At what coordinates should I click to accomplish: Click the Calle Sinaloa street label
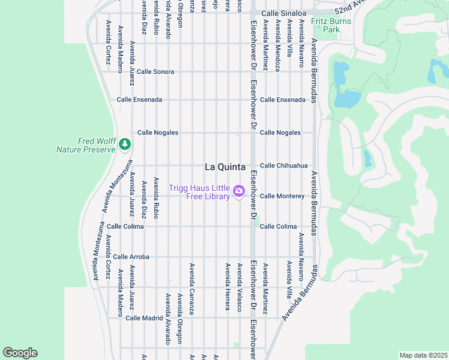284,13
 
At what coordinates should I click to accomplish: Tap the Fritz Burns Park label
326,25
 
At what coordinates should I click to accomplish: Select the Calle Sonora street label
155,71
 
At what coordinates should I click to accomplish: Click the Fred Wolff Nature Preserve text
86,145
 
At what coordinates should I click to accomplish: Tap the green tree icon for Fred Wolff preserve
124,144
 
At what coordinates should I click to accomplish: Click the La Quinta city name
226,167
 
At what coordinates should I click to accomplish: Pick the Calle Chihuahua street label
283,166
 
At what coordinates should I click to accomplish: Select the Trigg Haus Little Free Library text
199,192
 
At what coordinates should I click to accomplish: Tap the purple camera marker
238,191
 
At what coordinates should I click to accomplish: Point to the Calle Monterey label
282,196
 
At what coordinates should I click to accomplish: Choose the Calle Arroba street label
131,257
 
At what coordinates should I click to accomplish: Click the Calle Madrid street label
143,318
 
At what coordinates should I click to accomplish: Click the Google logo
20,353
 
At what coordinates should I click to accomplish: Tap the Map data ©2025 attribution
423,355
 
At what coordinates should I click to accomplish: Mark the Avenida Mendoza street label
277,46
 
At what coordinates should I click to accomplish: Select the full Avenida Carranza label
192,289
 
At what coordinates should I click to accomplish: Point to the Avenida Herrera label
228,286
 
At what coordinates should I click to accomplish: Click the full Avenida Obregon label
179,318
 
